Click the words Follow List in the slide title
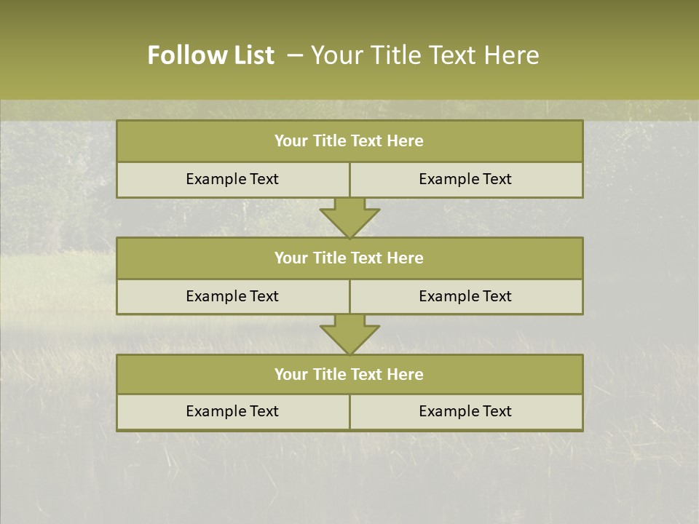click(210, 55)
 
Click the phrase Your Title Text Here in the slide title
click(424, 55)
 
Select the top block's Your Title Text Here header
click(349, 141)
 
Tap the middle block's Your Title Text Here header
click(349, 258)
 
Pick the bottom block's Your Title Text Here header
click(349, 375)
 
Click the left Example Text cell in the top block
click(232, 180)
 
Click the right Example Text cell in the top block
click(465, 180)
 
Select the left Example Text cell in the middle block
click(232, 296)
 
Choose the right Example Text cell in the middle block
click(465, 296)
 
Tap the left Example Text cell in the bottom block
click(232, 412)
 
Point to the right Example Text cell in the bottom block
click(465, 412)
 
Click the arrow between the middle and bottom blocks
click(349, 335)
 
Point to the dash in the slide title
click(295, 55)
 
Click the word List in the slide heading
click(252, 55)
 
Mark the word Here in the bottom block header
click(406, 375)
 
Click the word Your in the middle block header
click(291, 258)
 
